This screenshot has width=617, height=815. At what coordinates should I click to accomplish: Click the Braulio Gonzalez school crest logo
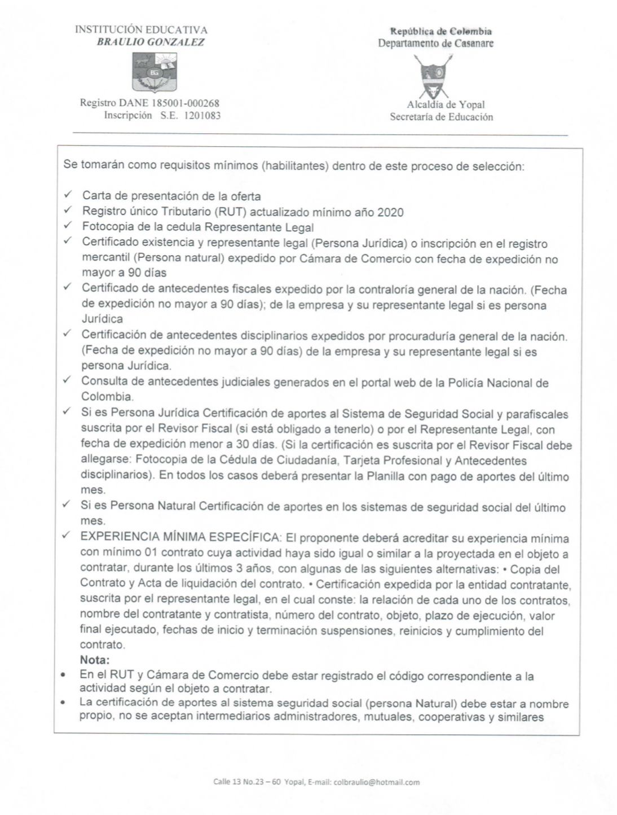click(x=154, y=72)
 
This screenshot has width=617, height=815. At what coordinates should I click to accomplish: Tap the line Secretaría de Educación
click(x=441, y=117)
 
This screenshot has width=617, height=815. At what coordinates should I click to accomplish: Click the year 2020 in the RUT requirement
click(x=391, y=212)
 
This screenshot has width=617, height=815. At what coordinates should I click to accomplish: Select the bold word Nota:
click(x=95, y=660)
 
